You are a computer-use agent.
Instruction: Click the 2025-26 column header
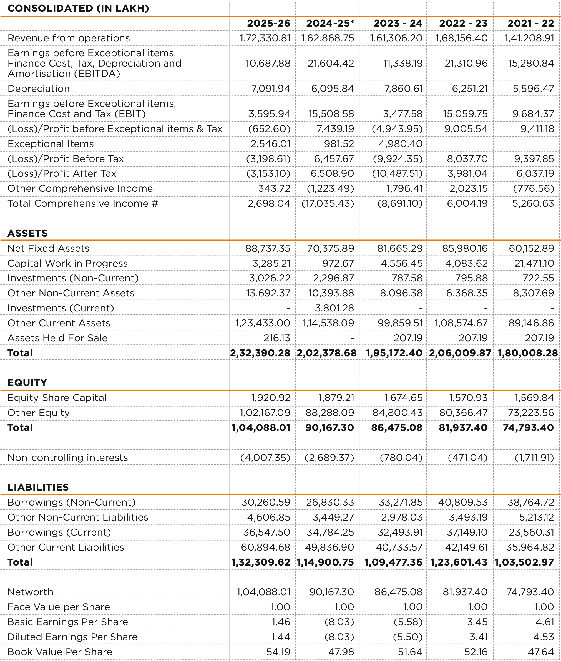click(269, 23)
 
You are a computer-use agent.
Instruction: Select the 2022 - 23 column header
click(463, 23)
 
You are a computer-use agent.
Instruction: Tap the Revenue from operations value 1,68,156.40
click(461, 38)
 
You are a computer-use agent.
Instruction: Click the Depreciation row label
click(39, 89)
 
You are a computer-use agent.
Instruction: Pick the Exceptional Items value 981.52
click(339, 144)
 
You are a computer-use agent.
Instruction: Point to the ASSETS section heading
click(28, 233)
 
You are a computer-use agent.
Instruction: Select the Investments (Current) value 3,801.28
click(334, 308)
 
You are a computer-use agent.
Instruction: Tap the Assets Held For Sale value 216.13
click(277, 338)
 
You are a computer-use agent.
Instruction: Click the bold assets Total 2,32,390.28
click(260, 353)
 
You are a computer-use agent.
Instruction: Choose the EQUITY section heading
click(27, 382)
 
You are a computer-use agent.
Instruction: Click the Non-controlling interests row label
click(68, 458)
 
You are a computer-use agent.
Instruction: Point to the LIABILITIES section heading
click(38, 487)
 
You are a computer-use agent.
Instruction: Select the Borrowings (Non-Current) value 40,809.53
click(463, 502)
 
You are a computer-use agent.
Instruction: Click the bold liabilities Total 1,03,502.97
click(524, 562)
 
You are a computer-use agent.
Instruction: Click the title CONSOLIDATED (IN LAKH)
click(78, 8)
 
